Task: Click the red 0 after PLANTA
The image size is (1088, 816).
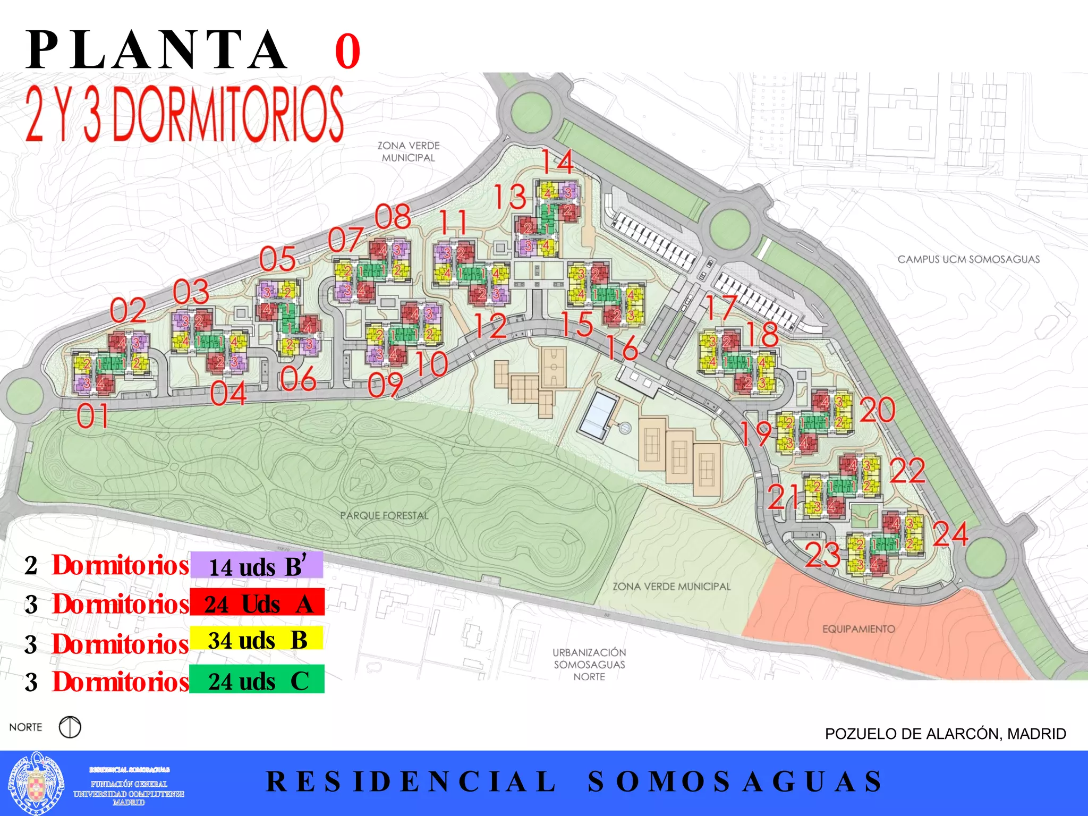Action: pos(347,52)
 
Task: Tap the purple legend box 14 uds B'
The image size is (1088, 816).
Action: pos(257,565)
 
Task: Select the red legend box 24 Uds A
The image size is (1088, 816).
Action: pos(257,602)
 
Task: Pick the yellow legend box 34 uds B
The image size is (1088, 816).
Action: pos(257,639)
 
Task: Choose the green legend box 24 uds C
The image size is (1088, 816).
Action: pos(257,680)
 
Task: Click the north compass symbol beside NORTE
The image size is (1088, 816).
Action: pos(70,727)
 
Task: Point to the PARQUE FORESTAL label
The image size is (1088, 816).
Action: pos(384,515)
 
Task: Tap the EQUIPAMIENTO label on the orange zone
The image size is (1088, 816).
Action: pos(858,629)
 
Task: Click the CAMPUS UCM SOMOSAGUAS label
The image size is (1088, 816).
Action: pos(968,259)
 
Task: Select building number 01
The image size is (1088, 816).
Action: pos(93,416)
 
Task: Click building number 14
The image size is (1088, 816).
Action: pos(557,161)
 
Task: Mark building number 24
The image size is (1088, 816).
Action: pos(950,533)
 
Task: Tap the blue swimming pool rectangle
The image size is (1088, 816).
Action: pos(598,415)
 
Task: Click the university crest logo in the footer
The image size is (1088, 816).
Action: pos(36,783)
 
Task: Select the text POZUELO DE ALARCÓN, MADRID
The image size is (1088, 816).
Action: pos(945,734)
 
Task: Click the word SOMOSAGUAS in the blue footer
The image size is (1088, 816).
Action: pos(735,781)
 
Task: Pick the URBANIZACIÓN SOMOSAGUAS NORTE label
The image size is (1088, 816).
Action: pos(589,664)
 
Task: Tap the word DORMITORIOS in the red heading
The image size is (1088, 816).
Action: pos(228,114)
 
